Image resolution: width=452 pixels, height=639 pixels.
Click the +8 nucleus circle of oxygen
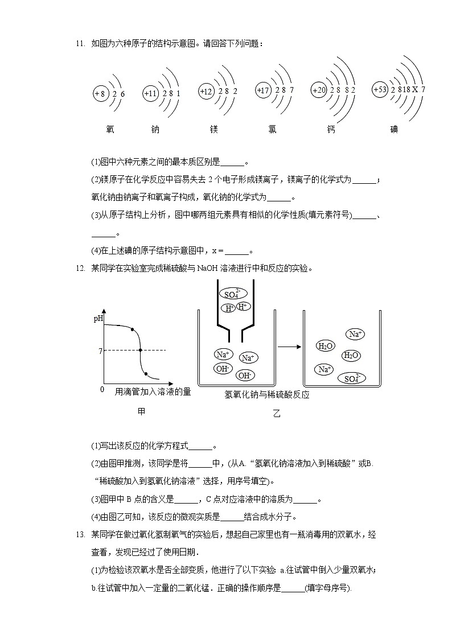pyautogui.click(x=100, y=93)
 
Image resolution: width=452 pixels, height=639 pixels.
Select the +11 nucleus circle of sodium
pyautogui.click(x=150, y=93)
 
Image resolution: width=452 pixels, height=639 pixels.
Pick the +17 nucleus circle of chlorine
pyautogui.click(x=262, y=90)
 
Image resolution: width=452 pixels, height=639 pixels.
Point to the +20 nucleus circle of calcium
pyautogui.click(x=318, y=90)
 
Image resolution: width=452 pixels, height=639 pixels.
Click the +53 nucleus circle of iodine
pyautogui.click(x=380, y=89)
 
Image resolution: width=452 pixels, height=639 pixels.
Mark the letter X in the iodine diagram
pyautogui.click(x=415, y=89)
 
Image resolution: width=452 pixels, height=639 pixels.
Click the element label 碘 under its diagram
pyautogui.click(x=394, y=129)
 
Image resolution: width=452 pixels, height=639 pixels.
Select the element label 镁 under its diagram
pyautogui.click(x=214, y=129)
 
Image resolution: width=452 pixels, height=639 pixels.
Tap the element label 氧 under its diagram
pyautogui.click(x=110, y=129)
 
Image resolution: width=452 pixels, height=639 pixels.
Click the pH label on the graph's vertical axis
pyautogui.click(x=98, y=319)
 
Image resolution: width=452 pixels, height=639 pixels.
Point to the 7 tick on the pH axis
pyautogui.click(x=100, y=351)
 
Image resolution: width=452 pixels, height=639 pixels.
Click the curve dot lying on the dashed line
pyautogui.click(x=139, y=351)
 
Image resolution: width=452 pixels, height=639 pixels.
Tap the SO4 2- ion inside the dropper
pyautogui.click(x=232, y=294)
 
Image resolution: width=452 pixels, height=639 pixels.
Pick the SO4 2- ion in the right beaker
pyautogui.click(x=351, y=378)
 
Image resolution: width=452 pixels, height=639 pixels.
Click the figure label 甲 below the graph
pyautogui.click(x=142, y=411)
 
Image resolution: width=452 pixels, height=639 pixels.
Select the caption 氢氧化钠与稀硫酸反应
pyautogui.click(x=267, y=394)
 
